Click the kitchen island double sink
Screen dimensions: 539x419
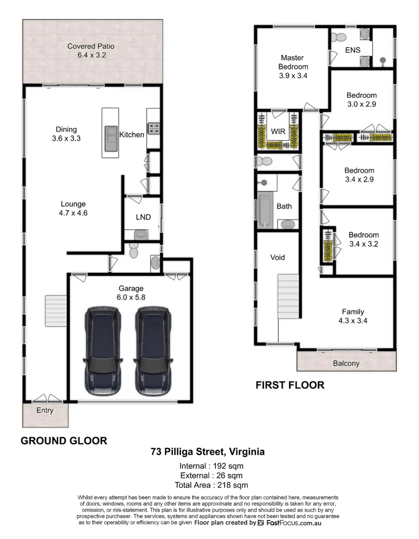(x=111, y=135)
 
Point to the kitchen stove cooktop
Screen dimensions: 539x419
(x=153, y=129)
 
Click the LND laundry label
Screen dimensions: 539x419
(x=143, y=217)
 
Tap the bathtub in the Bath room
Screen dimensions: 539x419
(x=265, y=210)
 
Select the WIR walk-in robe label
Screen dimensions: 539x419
(x=278, y=132)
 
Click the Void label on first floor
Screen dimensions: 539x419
(x=278, y=258)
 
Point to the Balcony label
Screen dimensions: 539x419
(x=346, y=363)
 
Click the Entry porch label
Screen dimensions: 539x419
(x=45, y=411)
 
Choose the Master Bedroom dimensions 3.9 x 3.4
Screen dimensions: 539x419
(x=293, y=76)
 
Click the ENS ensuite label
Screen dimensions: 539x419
(x=353, y=50)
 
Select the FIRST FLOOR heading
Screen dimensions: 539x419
(x=290, y=385)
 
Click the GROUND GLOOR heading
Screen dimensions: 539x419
(x=63, y=441)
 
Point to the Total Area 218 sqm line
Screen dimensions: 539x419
(x=211, y=485)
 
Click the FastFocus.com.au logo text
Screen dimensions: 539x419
(x=293, y=523)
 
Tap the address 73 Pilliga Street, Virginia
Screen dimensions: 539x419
(x=208, y=452)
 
